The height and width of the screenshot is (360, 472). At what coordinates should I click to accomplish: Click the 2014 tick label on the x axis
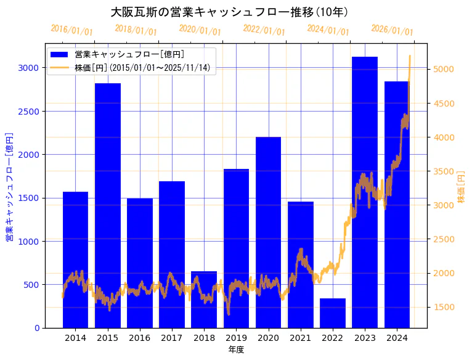(75, 338)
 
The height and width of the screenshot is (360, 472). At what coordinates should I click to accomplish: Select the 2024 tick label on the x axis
(397, 338)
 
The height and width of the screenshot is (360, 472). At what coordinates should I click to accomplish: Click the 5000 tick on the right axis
(444, 69)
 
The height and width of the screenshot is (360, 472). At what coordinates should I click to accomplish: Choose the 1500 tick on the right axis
(444, 307)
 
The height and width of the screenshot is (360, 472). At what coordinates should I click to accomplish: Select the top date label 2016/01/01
(72, 30)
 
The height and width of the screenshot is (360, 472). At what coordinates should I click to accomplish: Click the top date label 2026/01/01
(393, 30)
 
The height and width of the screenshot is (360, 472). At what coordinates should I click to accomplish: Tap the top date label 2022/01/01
(264, 30)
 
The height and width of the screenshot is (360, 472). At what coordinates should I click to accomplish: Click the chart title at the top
(229, 12)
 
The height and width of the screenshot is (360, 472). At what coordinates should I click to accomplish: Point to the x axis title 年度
(236, 350)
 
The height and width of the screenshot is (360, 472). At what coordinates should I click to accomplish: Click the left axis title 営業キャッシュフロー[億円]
(9, 186)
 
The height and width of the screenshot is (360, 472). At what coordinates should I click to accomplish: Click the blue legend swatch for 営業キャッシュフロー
(60, 54)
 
